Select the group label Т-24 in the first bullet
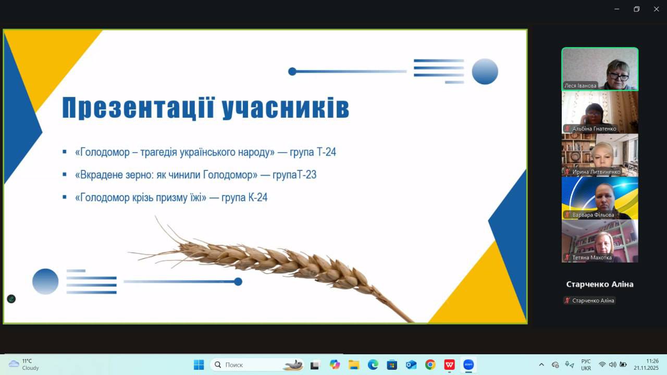[x=326, y=152]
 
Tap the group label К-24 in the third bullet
[x=257, y=197]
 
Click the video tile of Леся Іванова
[x=600, y=69]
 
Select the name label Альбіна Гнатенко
[x=594, y=129]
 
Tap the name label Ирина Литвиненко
[x=596, y=172]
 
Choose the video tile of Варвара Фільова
[x=600, y=198]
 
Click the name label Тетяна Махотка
[x=591, y=258]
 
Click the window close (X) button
[x=656, y=9]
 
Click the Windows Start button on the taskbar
[x=199, y=365]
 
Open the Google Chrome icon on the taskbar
[x=430, y=365]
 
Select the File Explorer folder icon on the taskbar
[x=354, y=365]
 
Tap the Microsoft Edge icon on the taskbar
[x=373, y=365]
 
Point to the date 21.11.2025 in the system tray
[x=646, y=368]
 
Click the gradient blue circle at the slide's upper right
[x=485, y=71]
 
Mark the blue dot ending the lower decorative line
[x=238, y=282]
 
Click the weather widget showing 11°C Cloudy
[x=24, y=365]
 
